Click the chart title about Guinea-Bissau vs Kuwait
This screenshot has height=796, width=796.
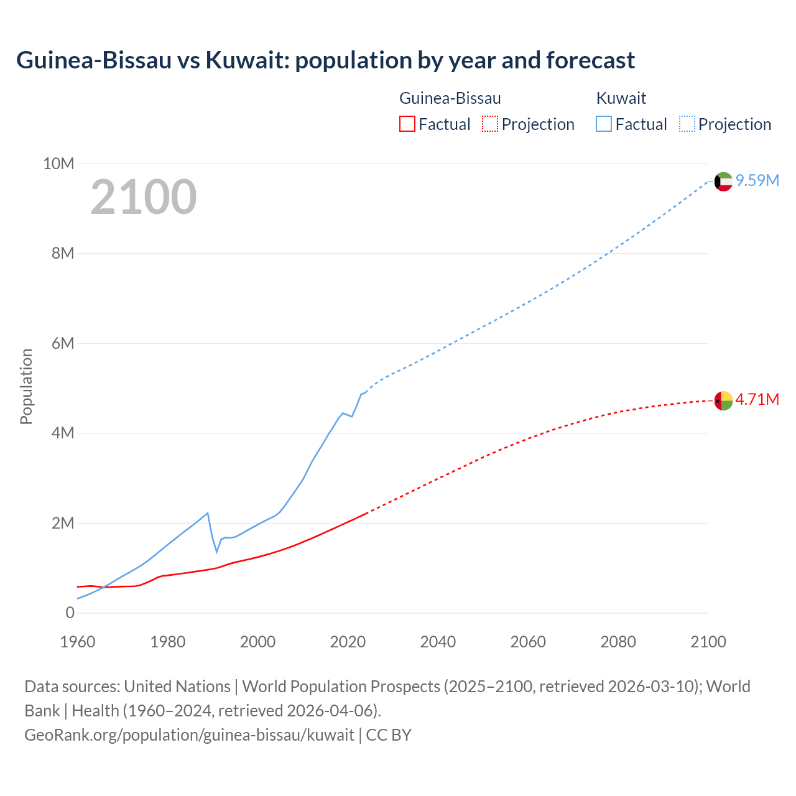coord(325,60)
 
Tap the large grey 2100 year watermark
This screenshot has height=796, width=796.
coord(144,197)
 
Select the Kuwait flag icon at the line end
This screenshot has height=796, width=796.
coord(723,182)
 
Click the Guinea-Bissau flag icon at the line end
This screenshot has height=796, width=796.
coord(723,401)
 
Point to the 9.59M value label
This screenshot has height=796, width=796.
coord(757,180)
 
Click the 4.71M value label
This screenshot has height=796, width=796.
coord(757,399)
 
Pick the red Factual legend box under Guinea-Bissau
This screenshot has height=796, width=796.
coord(407,124)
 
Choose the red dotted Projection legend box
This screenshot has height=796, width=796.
coord(490,124)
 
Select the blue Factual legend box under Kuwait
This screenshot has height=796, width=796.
coord(603,124)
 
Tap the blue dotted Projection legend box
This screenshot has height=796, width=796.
coord(687,124)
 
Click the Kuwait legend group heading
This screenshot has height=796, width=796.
coord(621,98)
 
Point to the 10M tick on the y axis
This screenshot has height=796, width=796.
coord(58,164)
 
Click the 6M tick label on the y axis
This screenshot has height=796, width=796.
coord(63,343)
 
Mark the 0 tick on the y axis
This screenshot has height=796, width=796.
coord(70,613)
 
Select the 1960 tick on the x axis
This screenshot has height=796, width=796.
coord(78,642)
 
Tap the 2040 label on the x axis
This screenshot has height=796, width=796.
coord(438,642)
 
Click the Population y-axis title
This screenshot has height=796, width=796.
coord(26,386)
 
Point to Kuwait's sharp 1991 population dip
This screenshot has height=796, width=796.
coord(217,551)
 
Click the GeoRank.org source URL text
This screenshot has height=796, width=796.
coord(189,734)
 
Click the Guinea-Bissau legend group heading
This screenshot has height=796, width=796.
coord(450,98)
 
